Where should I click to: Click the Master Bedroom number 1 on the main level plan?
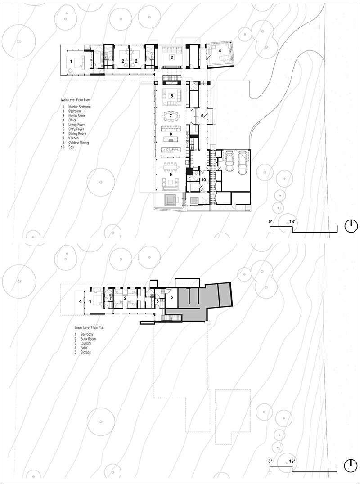click(70, 61)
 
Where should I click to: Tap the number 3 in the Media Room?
click(171, 58)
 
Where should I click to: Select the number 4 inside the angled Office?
click(220, 51)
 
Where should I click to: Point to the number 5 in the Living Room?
click(171, 96)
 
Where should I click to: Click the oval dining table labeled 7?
click(171, 116)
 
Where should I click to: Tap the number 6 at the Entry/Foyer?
click(202, 116)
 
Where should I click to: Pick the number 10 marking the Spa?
click(203, 179)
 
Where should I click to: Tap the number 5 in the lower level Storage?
click(171, 297)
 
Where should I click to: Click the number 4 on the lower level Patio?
click(81, 301)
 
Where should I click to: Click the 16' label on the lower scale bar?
click(292, 462)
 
